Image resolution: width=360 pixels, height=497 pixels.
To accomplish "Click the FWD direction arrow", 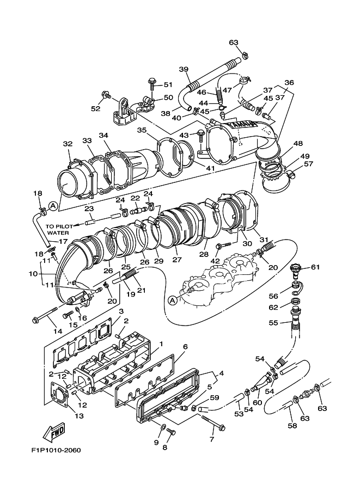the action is click(x=54, y=432).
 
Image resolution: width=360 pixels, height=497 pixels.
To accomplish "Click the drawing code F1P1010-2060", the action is click(x=56, y=450).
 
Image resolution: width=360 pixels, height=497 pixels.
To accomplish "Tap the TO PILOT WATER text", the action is click(x=59, y=230).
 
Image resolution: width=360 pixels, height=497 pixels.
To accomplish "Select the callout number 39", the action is click(x=184, y=69).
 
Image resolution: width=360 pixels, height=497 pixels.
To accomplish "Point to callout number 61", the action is click(x=315, y=267).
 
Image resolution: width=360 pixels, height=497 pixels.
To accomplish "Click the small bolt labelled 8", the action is click(x=171, y=431).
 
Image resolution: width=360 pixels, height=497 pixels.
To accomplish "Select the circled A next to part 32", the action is click(x=53, y=207).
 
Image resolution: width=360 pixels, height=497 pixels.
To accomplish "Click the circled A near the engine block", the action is click(x=172, y=300).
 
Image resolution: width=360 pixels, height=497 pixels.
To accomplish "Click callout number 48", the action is click(x=298, y=144).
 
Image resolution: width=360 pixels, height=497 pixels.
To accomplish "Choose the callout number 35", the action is click(x=142, y=130).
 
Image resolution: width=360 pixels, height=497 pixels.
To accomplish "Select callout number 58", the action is click(x=292, y=425).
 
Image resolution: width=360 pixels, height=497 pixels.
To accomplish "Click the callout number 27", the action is click(x=177, y=260).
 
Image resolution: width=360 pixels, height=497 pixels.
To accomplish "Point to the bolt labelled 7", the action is click(x=213, y=422).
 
